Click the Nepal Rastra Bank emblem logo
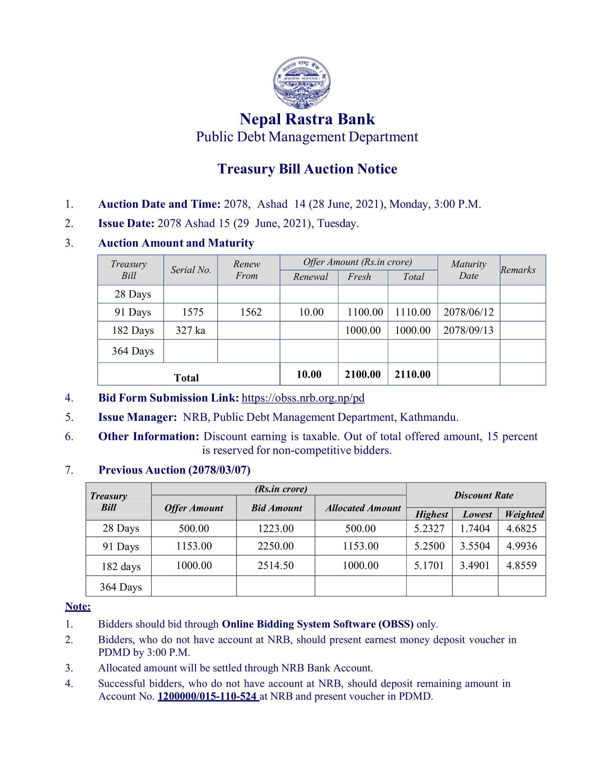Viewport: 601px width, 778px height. pos(302,82)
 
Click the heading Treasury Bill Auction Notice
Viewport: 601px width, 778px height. pos(307,169)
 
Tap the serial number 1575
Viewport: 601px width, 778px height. pos(193,312)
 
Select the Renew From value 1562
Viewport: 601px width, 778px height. pos(251,312)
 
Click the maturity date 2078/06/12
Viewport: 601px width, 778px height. pos(468,312)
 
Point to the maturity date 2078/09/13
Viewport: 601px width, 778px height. pos(468,330)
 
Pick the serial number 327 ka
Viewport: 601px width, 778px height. pos(191,330)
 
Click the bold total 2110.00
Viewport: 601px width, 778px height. pos(412,374)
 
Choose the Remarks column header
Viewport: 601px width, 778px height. pos(518,270)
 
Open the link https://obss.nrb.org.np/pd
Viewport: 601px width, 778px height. pos(303,397)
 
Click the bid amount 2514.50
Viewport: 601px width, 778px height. pos(276,565)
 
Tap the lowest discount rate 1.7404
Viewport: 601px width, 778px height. pos(474,528)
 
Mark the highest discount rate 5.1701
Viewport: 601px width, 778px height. pos(429,565)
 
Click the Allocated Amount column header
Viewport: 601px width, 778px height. pos(363,508)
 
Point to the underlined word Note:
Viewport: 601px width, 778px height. pos(78,606)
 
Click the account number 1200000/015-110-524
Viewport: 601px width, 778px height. pos(207,696)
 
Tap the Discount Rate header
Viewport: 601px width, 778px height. pos(484,495)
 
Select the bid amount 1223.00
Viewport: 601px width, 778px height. pos(276,528)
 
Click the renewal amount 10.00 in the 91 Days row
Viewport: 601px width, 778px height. pos(311,312)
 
